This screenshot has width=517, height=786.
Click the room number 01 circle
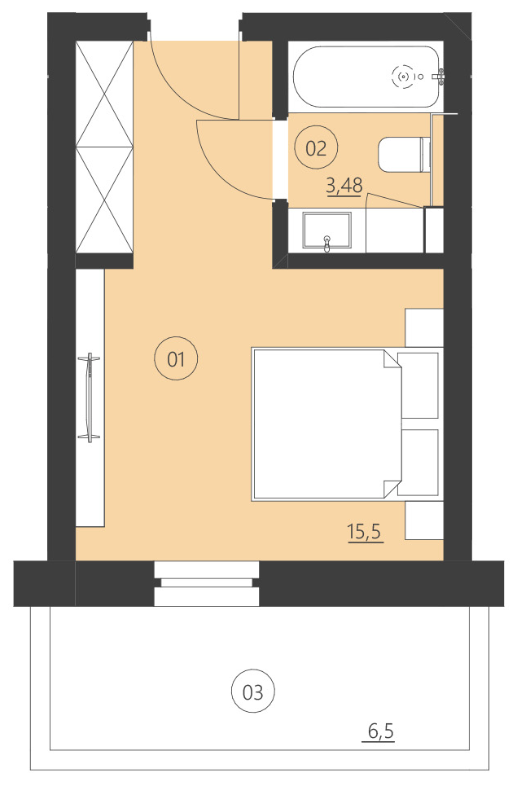pos(177,358)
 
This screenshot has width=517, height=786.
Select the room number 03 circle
pos(252,692)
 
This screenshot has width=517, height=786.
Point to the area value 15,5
pos(365,533)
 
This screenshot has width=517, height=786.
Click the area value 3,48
pos(344,187)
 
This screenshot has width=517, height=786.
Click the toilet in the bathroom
pos(403,155)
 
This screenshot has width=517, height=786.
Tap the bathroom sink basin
pos(326,231)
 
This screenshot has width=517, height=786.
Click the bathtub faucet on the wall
pos(440,77)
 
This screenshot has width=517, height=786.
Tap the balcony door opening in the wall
pos(207,583)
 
